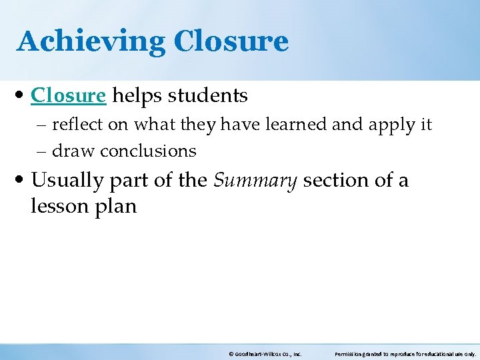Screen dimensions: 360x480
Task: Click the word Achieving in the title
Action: (x=91, y=41)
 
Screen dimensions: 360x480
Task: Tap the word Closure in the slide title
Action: (x=231, y=41)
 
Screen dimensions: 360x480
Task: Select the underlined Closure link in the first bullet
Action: (x=68, y=96)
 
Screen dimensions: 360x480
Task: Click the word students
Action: (x=207, y=96)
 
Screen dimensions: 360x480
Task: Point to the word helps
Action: (x=136, y=96)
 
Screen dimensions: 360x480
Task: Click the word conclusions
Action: (x=148, y=151)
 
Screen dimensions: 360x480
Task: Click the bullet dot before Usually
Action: (x=21, y=181)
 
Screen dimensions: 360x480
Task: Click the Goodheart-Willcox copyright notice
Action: (x=265, y=354)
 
